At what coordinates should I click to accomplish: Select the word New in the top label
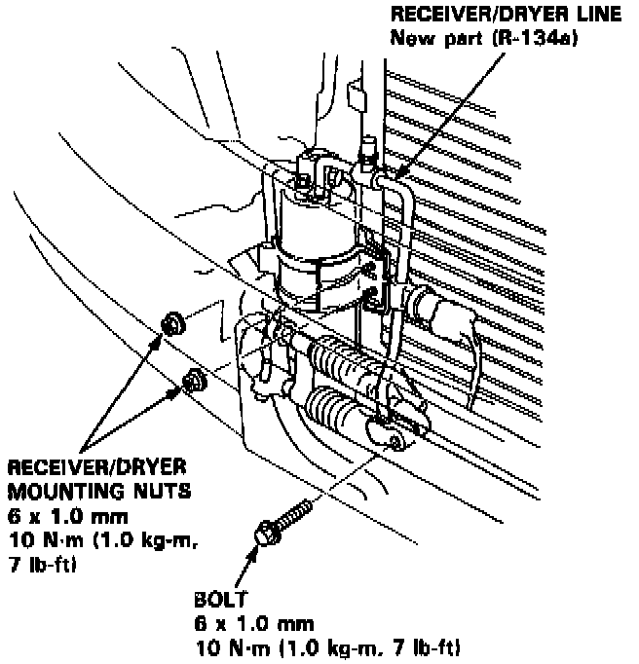pyautogui.click(x=408, y=39)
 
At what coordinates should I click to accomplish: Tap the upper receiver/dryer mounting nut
pyautogui.click(x=172, y=321)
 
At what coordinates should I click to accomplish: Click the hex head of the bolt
pyautogui.click(x=265, y=533)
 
